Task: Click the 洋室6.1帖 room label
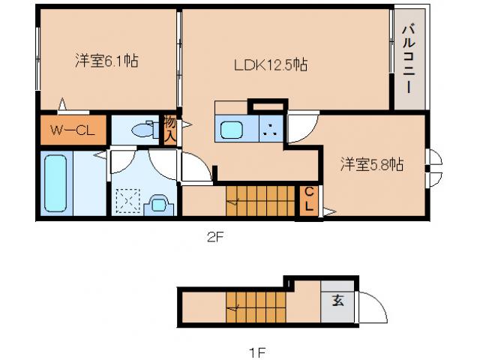point(106,61)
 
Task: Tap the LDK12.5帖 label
point(269,65)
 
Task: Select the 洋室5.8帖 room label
point(371,163)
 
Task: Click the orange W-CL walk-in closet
point(72,130)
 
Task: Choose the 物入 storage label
point(170,129)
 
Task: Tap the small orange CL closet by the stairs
point(308,200)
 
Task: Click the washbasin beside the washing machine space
point(158,203)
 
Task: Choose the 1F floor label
point(257,350)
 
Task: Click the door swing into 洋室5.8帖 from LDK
point(302,127)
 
